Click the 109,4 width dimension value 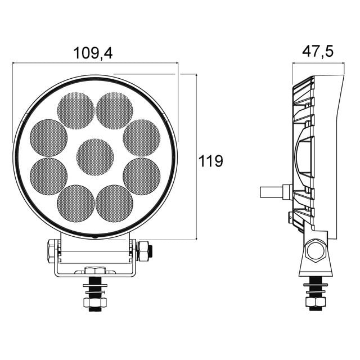pyautogui.click(x=93, y=53)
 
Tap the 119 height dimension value pyautogui.click(x=211, y=161)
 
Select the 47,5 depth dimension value pyautogui.click(x=318, y=52)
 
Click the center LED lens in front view pyautogui.click(x=95, y=156)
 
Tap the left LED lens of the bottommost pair pyautogui.click(x=76, y=202)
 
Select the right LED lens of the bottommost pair pyautogui.click(x=114, y=202)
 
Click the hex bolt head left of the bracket pyautogui.click(x=51, y=250)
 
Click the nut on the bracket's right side pyautogui.click(x=143, y=250)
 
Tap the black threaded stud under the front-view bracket pyautogui.click(x=95, y=287)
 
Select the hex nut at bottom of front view pyautogui.click(x=95, y=303)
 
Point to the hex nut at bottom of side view pyautogui.click(x=315, y=303)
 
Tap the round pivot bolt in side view pyautogui.click(x=316, y=250)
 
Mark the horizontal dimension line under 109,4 pyautogui.click(x=94, y=64)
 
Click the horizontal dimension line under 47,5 pyautogui.click(x=318, y=63)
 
